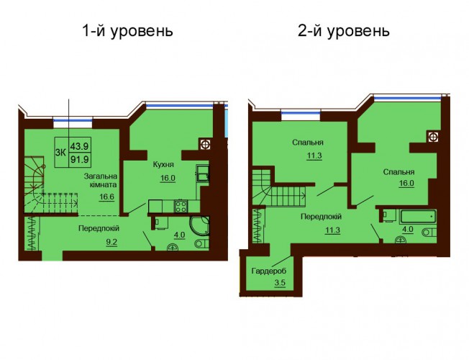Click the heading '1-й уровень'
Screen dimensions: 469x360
click(127, 31)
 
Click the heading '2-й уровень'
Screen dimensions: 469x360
click(343, 31)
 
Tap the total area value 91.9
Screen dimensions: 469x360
click(80, 160)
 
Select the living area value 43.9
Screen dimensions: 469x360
click(80, 146)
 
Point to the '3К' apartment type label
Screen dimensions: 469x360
click(60, 153)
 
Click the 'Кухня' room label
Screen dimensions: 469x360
click(163, 165)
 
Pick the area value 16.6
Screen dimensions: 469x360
click(107, 197)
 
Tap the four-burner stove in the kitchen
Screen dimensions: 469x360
click(181, 207)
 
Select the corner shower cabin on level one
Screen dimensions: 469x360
click(199, 225)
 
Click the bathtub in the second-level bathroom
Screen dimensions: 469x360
click(418, 216)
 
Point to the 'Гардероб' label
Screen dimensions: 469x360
click(268, 271)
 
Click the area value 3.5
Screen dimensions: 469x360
click(279, 284)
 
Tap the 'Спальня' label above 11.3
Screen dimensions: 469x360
click(308, 143)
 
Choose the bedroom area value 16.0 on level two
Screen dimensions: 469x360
click(406, 184)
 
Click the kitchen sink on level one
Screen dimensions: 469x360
click(203, 173)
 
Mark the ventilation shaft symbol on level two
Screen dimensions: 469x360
click(432, 137)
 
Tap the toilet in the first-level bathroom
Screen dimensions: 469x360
click(202, 244)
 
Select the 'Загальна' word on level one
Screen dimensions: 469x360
click(101, 176)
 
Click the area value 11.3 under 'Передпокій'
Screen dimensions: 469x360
click(332, 230)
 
